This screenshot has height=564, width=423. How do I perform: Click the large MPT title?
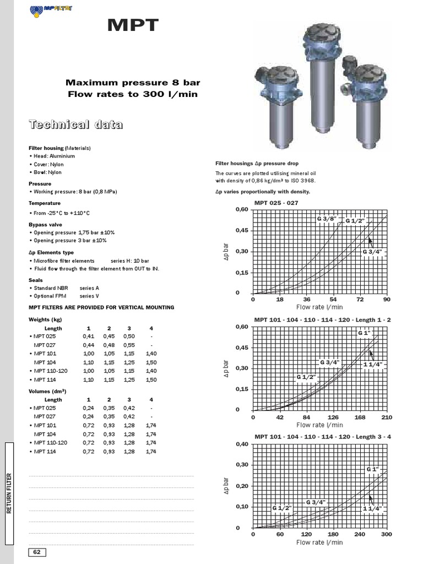pos(133,25)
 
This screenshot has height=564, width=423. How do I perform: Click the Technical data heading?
pos(75,125)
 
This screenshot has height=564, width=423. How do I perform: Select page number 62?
pos(37,552)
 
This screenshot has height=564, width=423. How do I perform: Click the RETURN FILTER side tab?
pos(9,493)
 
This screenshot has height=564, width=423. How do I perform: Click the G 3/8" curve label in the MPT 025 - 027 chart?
pos(326,219)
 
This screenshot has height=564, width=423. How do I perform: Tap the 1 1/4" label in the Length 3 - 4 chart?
pos(372,508)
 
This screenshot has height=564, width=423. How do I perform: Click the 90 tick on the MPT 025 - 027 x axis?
pos(387,300)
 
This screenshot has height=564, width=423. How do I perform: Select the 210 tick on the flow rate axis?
pos(387,417)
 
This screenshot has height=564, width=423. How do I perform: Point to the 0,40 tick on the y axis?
pos(242,444)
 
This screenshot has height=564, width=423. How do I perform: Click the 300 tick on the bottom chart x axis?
pos(387,534)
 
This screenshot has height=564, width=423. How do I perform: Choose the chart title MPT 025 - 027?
pos(276,203)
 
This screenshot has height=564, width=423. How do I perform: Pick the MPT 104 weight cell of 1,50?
pos(151,362)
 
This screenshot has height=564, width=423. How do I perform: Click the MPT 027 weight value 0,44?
pos(88,345)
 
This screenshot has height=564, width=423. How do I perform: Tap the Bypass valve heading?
pos(45,225)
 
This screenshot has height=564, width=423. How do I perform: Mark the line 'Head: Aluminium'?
pos(53,156)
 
